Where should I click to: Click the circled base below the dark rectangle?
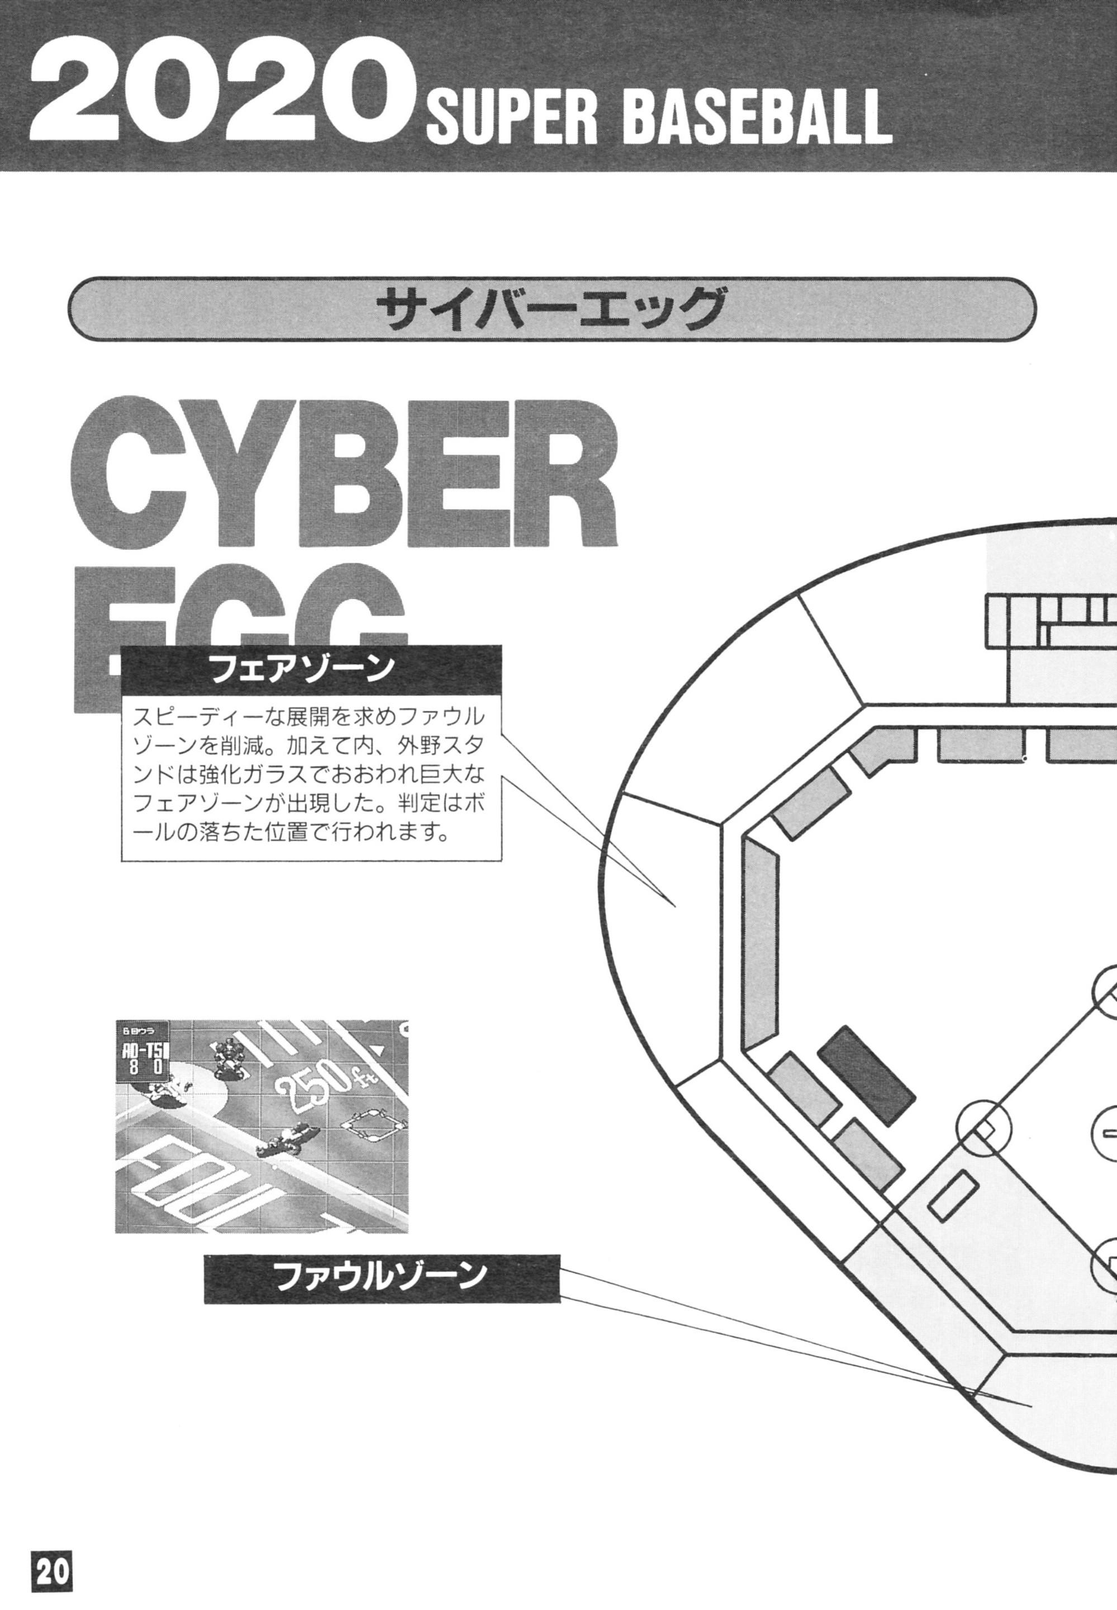click(984, 1128)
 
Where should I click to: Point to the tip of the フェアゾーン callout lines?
click(674, 908)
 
